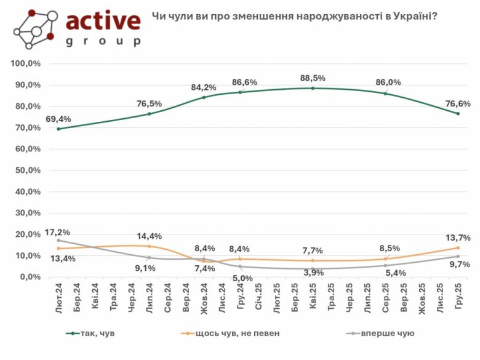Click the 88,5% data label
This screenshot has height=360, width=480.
313,78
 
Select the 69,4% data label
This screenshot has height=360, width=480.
58,118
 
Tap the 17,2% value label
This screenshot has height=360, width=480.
57,232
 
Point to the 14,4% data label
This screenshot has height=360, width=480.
149,236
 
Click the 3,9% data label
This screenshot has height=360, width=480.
313,272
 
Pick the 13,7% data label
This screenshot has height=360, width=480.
458,238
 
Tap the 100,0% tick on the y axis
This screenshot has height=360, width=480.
25,63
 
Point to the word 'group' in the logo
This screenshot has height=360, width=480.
103,42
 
